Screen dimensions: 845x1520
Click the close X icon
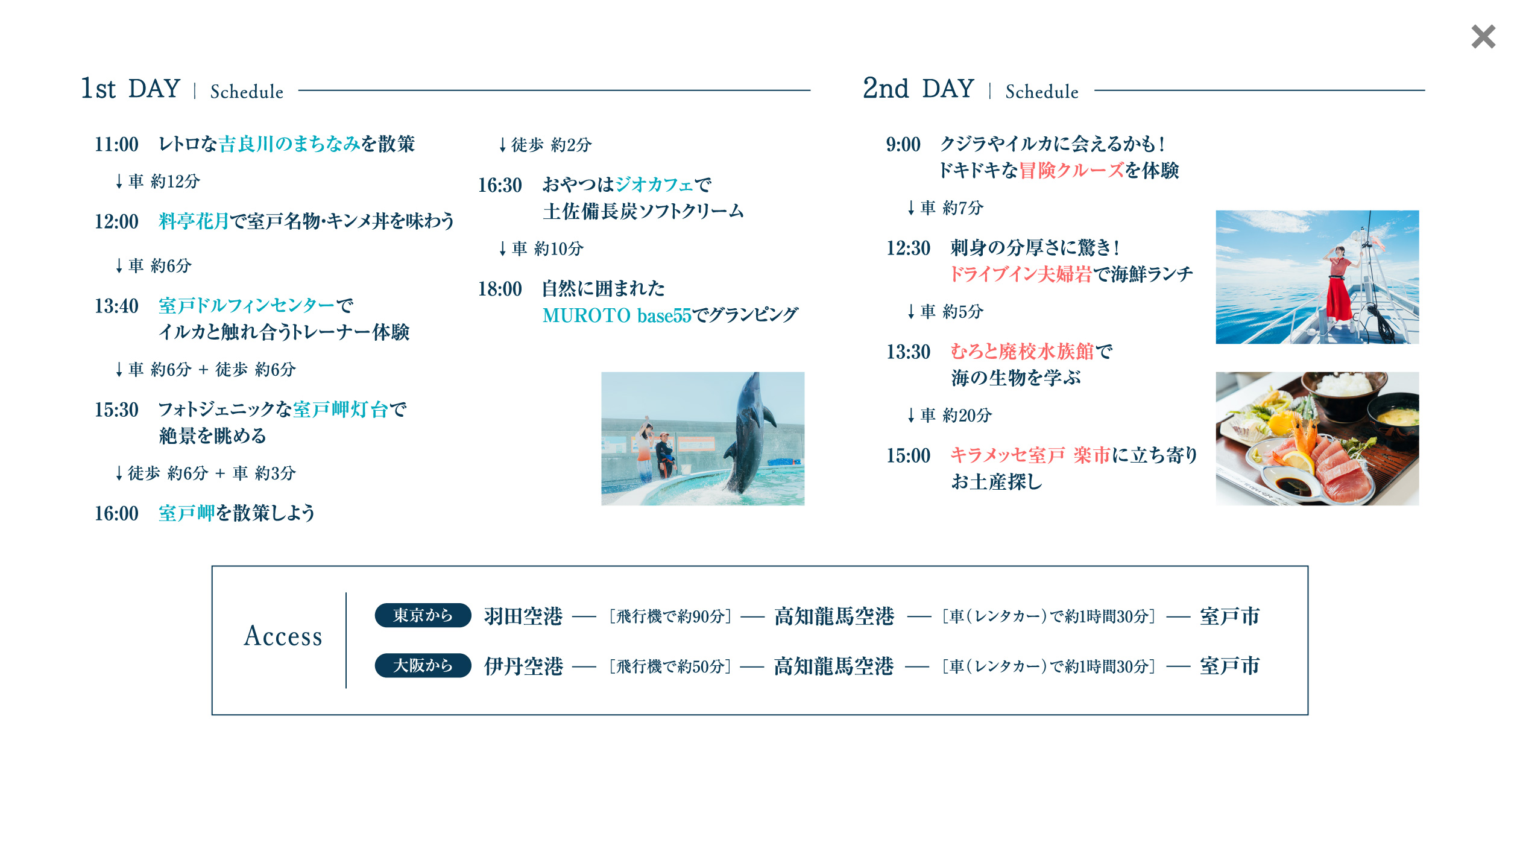[x=1483, y=37]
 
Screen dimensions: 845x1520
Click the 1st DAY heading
[x=131, y=89]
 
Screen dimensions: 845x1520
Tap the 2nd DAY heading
[x=918, y=89]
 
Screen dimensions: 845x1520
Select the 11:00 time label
[x=116, y=145]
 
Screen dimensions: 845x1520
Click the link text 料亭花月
[x=194, y=221]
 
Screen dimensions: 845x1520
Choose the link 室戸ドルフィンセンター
[x=247, y=306]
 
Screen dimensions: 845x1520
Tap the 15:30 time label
[x=116, y=410]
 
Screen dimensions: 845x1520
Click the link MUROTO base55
[x=616, y=315]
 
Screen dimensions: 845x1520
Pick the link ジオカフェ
[x=654, y=185]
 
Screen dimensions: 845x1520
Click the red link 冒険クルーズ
[x=1071, y=171]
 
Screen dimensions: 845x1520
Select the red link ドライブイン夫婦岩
[x=1021, y=274]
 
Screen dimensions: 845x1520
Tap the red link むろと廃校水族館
[x=1022, y=352]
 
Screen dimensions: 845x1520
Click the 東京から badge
[x=423, y=615]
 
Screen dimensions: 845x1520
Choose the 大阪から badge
[x=423, y=666]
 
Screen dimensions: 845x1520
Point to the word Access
[x=283, y=636]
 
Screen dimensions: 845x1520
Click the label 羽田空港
[x=523, y=616]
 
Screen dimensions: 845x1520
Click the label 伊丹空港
[x=523, y=666]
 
